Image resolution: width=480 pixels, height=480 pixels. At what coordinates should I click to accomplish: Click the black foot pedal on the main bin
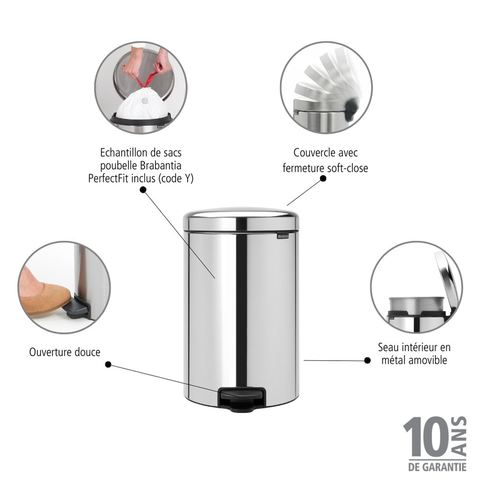pyautogui.click(x=242, y=398)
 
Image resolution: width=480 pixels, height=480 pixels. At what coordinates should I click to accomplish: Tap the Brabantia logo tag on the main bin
pyautogui.click(x=283, y=236)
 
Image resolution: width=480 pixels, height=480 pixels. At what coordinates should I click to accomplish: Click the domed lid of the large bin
pyautogui.click(x=241, y=218)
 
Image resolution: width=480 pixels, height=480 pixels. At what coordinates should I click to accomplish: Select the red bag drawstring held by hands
pyautogui.click(x=146, y=79)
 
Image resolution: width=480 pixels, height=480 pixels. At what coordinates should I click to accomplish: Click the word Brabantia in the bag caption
pyautogui.click(x=160, y=166)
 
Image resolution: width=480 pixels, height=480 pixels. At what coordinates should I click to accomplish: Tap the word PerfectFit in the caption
pyautogui.click(x=108, y=179)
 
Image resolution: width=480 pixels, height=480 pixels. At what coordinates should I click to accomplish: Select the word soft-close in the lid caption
pyautogui.click(x=347, y=168)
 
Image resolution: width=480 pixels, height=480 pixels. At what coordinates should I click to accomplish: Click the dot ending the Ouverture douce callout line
pyautogui.click(x=108, y=365)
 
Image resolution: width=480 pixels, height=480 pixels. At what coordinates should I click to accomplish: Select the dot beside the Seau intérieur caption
pyautogui.click(x=367, y=360)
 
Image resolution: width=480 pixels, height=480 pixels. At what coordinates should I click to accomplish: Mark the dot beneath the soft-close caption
pyautogui.click(x=323, y=178)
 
